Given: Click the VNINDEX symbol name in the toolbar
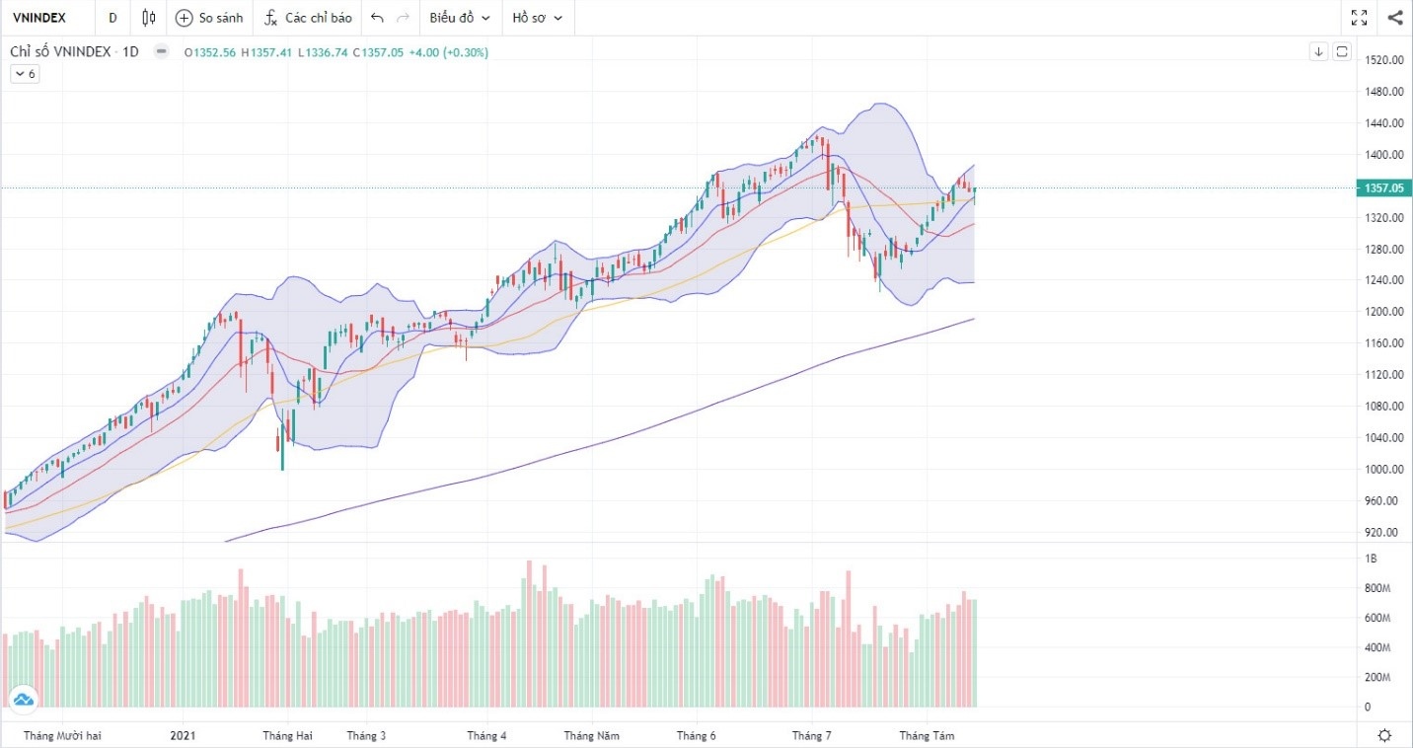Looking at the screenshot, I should click(38, 18).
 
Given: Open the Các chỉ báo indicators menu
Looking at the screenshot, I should click(308, 18).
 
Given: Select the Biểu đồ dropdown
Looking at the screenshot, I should click(460, 18).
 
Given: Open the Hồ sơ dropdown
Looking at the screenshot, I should click(538, 18).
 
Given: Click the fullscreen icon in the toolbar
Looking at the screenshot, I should click(1359, 18).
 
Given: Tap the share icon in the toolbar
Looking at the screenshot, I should click(1395, 18).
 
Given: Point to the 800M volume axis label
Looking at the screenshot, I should click(1376, 589).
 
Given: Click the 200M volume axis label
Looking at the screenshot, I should click(1376, 678).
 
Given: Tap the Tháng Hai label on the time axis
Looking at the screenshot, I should click(287, 736).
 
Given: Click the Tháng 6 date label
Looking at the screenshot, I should click(697, 736).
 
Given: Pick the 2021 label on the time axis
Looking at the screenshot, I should click(184, 736).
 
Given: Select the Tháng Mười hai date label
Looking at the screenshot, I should click(62, 736).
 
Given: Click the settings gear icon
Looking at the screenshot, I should click(1384, 735).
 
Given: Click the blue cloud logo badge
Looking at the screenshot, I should click(23, 701).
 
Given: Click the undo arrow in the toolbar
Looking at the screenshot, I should click(378, 18).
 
